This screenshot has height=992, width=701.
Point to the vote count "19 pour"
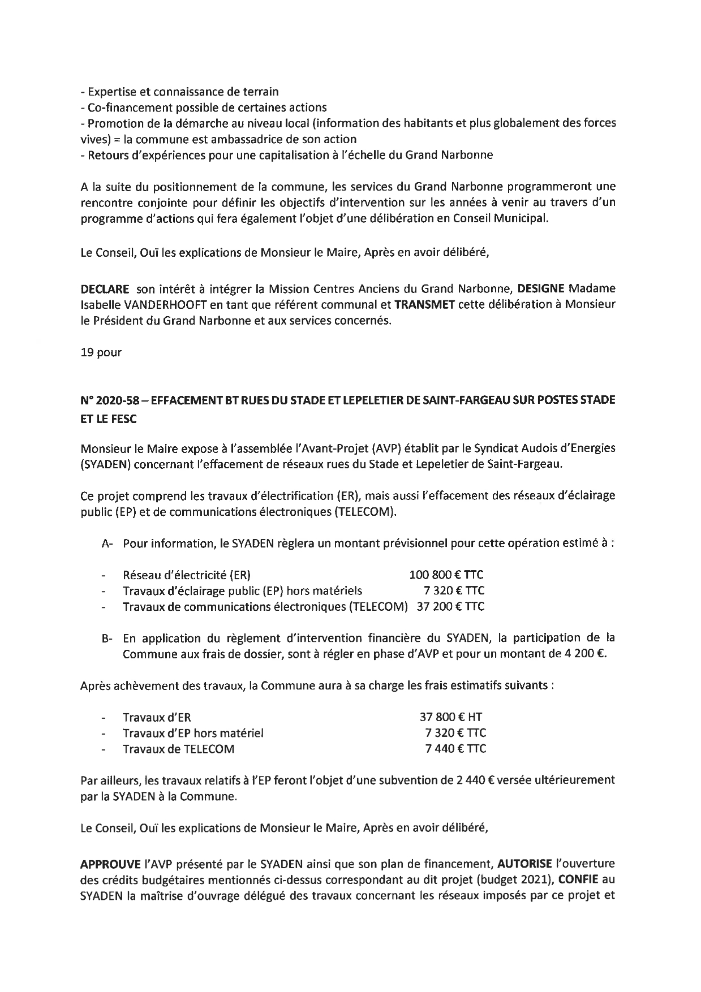tap(101, 352)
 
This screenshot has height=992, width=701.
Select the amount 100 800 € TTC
tap(446, 575)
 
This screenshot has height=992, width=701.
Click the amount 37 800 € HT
tap(450, 717)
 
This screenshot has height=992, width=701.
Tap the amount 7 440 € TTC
tap(455, 749)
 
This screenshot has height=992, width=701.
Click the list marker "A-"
tap(107, 544)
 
